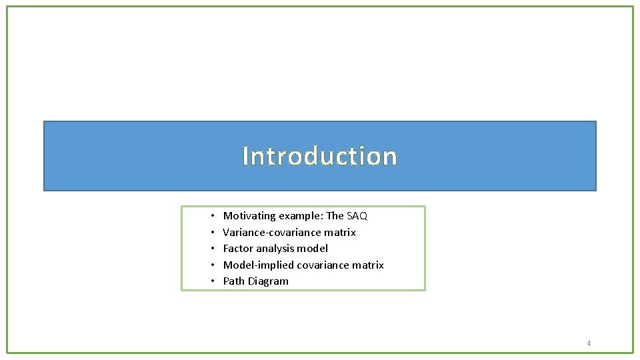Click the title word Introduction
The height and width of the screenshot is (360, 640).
tap(319, 156)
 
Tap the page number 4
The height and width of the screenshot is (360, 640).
tap(589, 343)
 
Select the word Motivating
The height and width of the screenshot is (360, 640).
tap(249, 216)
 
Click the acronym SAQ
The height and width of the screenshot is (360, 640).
tap(357, 216)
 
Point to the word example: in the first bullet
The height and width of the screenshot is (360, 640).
tap(301, 216)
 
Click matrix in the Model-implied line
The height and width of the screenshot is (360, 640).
tap(367, 265)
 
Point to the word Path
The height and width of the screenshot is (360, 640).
tap(234, 281)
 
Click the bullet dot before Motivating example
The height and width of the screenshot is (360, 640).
tap(211, 216)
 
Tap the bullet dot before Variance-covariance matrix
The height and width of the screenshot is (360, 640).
tap(211, 233)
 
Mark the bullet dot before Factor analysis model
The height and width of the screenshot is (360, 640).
tap(211, 249)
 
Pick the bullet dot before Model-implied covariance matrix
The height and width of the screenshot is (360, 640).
tap(211, 265)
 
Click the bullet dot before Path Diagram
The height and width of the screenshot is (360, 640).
tap(211, 281)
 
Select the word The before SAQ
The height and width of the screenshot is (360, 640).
tap(335, 216)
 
